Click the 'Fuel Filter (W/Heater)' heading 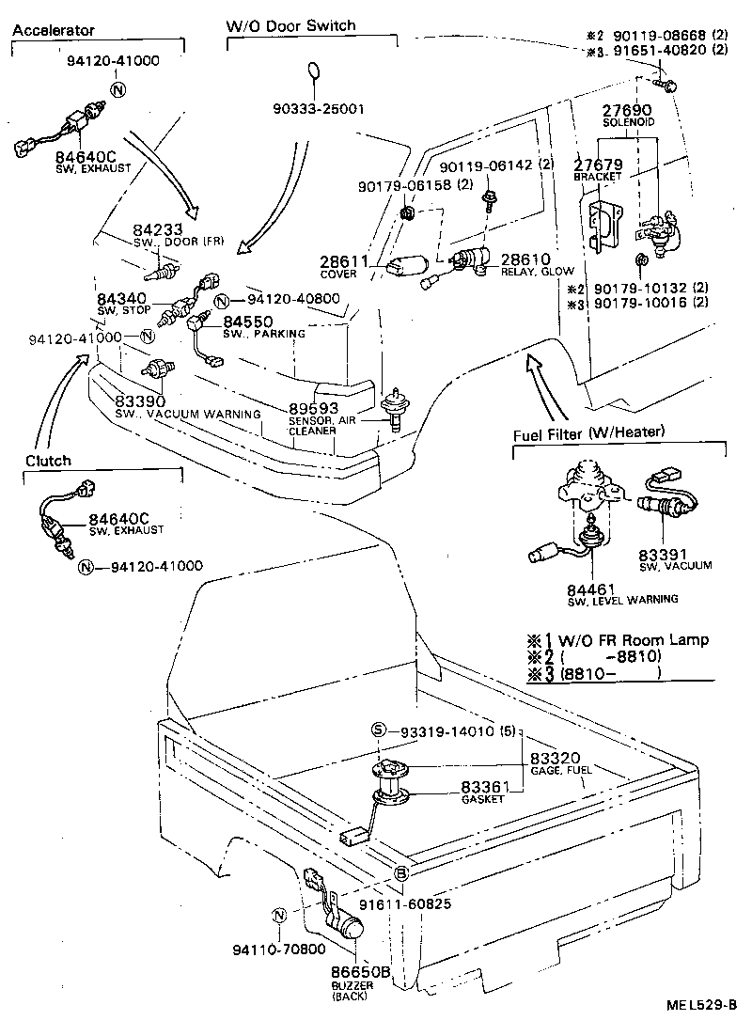[589, 432]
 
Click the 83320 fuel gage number [555, 758]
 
